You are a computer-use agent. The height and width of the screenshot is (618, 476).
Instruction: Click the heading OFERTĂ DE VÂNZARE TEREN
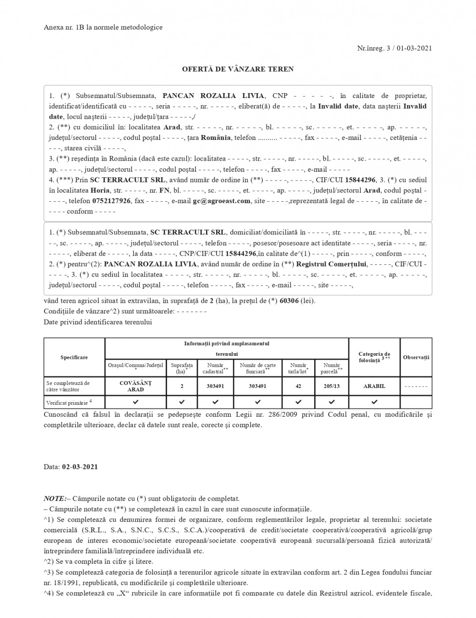238,69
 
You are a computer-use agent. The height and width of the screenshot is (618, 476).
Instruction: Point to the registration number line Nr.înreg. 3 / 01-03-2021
394,48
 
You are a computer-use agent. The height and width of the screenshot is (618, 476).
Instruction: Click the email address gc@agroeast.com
222,201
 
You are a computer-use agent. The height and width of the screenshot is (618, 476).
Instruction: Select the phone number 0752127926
112,201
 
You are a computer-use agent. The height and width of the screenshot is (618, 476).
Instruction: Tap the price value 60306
289,301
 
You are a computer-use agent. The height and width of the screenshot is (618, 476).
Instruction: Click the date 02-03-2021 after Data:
80,467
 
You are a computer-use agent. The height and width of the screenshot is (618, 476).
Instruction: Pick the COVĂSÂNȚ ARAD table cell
135,386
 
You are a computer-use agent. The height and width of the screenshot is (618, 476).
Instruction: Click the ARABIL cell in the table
374,386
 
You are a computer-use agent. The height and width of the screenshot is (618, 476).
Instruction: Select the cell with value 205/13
332,386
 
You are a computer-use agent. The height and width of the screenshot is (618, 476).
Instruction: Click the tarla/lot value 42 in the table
298,386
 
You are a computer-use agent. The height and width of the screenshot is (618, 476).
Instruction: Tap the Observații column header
416,357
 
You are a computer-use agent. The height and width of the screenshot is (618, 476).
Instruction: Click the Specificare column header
74,357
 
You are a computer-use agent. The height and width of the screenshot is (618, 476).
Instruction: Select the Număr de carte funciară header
258,368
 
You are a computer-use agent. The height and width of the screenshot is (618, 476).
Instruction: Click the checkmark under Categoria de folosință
374,402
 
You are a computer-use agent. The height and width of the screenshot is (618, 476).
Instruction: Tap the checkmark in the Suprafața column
182,402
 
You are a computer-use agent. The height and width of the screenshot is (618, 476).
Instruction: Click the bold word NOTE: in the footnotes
55,498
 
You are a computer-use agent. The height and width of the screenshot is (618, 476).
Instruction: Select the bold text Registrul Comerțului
331,264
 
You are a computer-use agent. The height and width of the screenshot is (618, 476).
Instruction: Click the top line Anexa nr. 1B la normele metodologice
103,27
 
